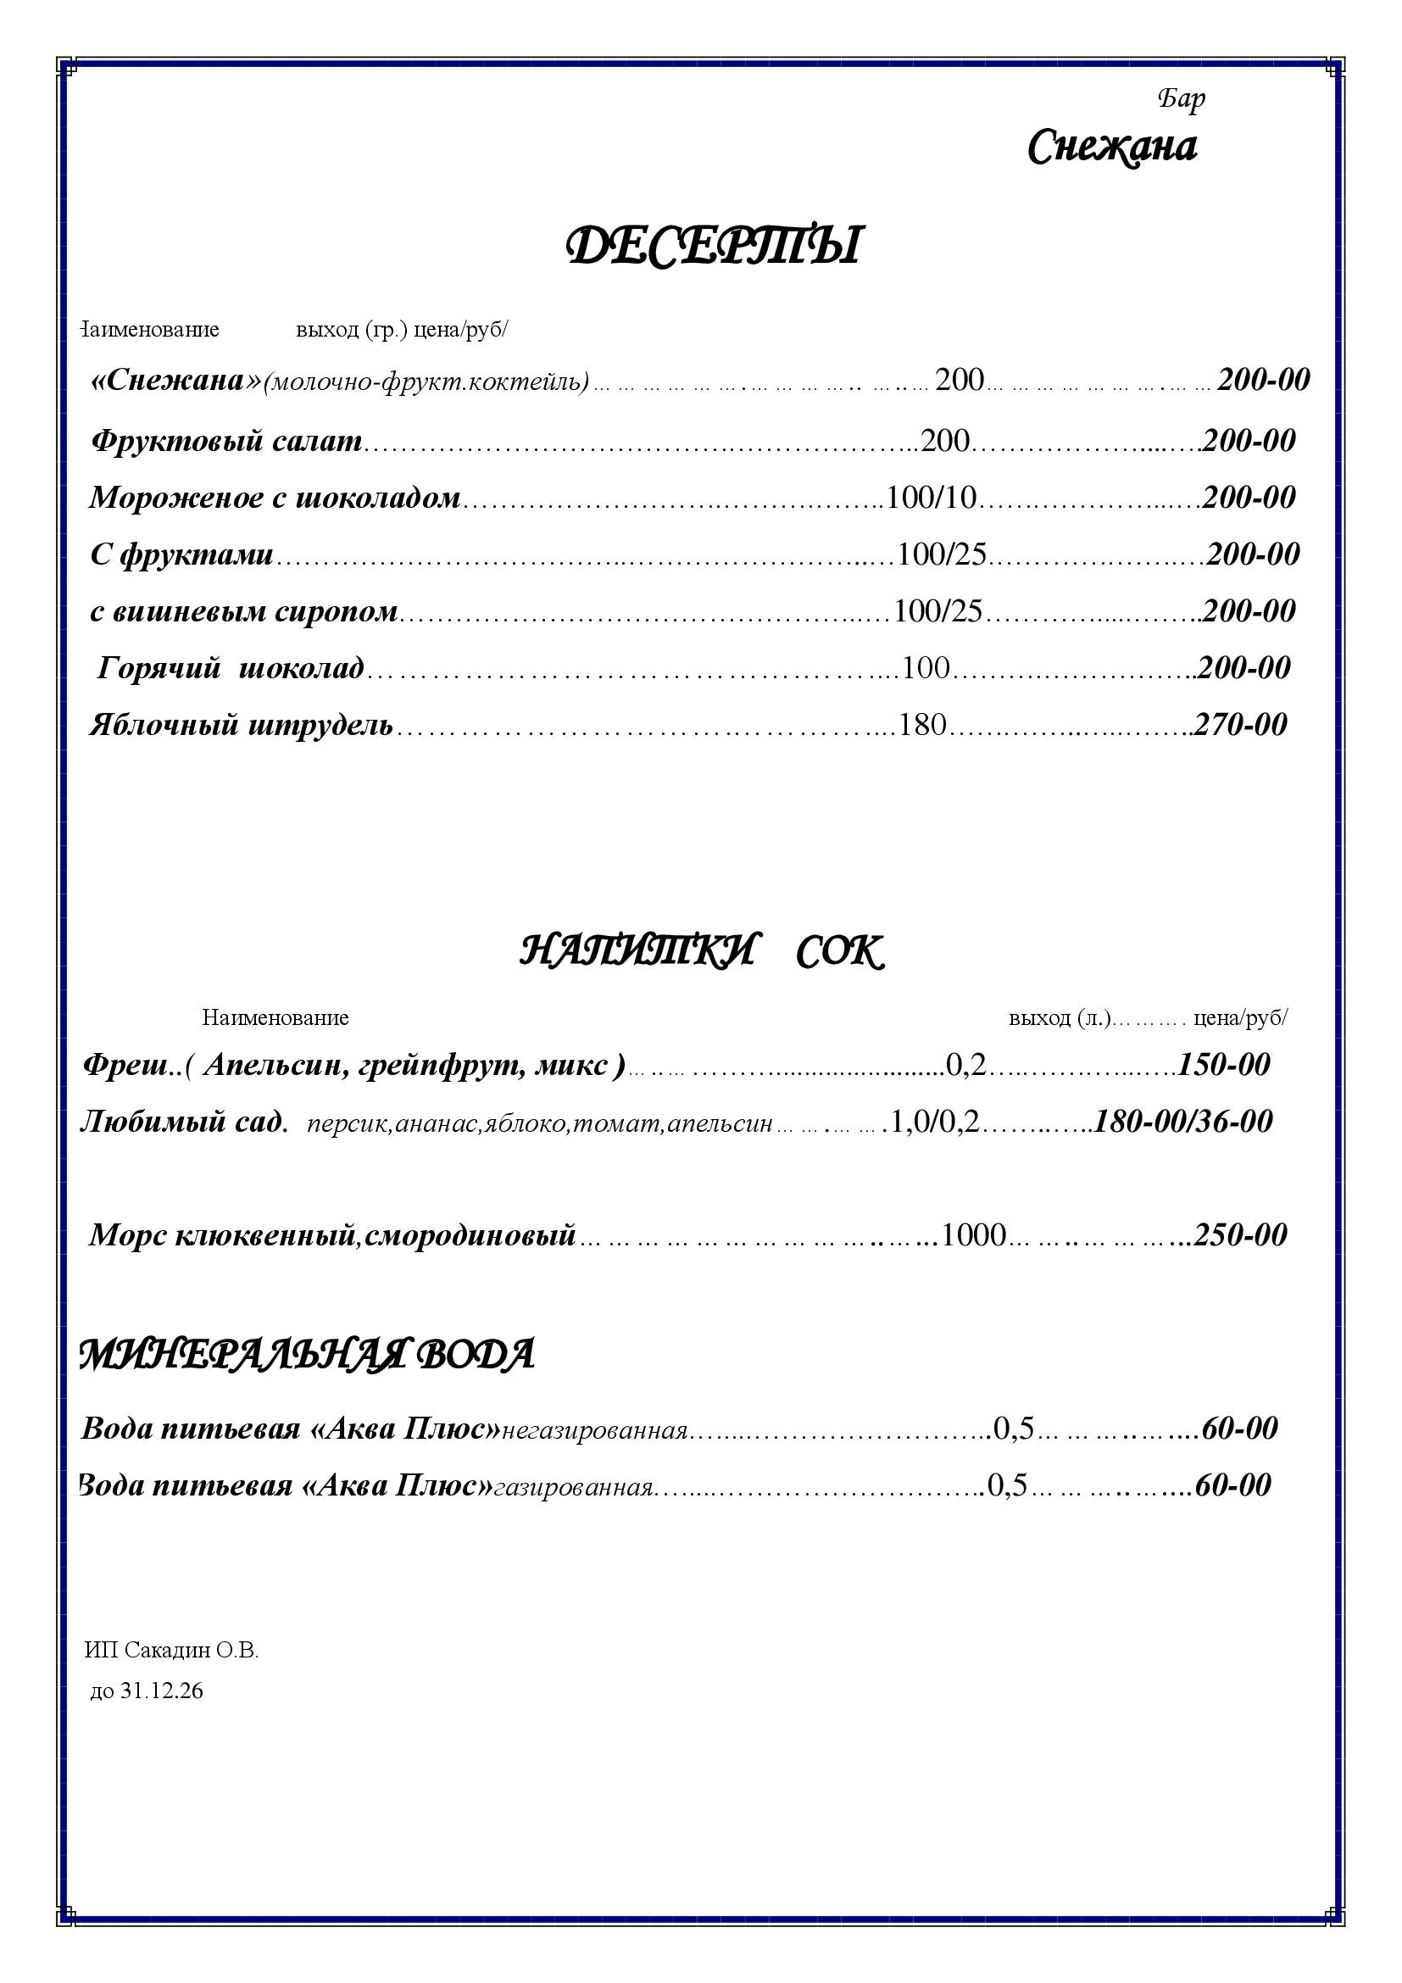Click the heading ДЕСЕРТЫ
coord(713,246)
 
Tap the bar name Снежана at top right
coord(1112,148)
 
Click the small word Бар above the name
coord(1181,99)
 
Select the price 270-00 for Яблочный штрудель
coord(1240,725)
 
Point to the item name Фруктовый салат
coord(226,442)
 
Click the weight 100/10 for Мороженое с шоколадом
coord(932,498)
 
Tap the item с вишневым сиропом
coord(243,611)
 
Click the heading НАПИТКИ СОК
coord(701,953)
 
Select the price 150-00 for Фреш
coord(1224,1065)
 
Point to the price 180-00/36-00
coord(1183,1122)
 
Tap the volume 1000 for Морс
coord(974,1236)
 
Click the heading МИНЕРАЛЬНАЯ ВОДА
coord(307,1354)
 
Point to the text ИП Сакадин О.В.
coord(172,1651)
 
